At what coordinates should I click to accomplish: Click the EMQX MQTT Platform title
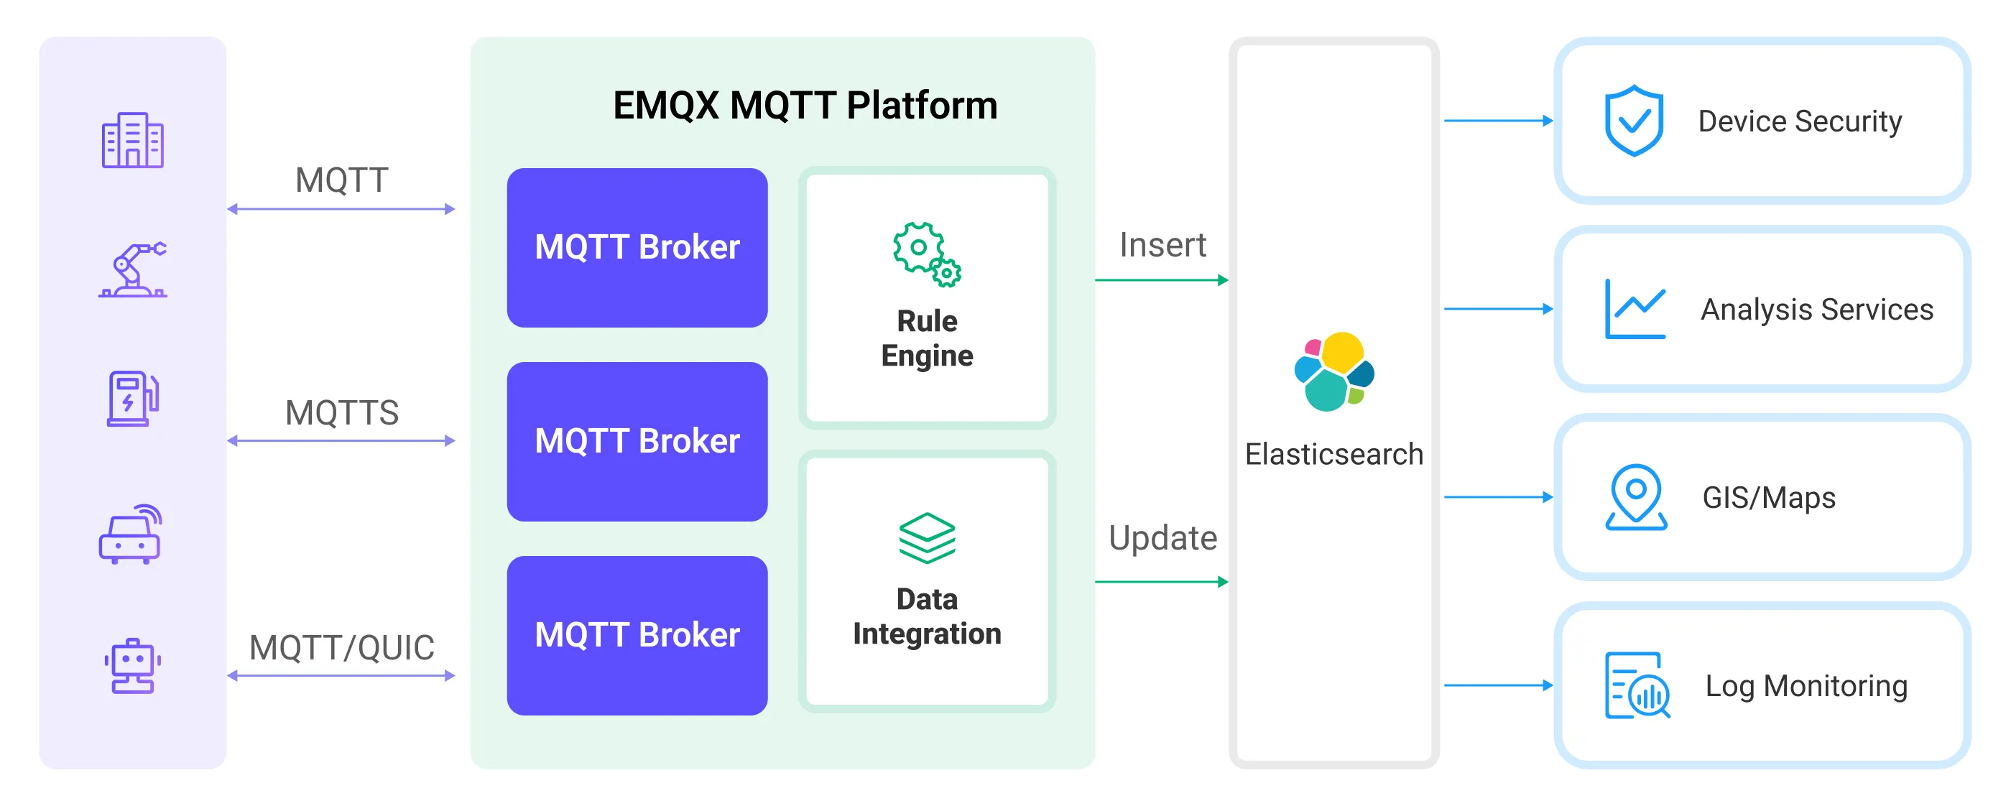[x=804, y=106]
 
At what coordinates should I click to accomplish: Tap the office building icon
[x=132, y=141]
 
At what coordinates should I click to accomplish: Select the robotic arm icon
[x=132, y=270]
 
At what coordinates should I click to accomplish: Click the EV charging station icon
[x=132, y=398]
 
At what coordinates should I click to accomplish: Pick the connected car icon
[x=130, y=534]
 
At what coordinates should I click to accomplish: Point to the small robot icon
[x=132, y=665]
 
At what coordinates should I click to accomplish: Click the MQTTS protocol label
[x=341, y=413]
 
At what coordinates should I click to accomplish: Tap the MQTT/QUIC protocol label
[x=341, y=648]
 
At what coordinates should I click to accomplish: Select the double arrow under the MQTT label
[x=341, y=209]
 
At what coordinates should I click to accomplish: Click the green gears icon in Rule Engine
[x=927, y=254]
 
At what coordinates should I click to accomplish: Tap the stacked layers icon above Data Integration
[x=927, y=538]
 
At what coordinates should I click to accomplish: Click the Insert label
[x=1162, y=245]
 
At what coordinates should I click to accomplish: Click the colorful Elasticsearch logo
[x=1333, y=371]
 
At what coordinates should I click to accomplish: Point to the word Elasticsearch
[x=1333, y=454]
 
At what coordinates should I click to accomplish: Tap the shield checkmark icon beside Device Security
[x=1633, y=121]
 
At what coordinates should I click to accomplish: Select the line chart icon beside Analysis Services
[x=1635, y=309]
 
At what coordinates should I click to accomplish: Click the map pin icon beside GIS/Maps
[x=1635, y=497]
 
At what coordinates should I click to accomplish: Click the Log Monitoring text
[x=1806, y=686]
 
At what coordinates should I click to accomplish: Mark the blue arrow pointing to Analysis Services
[x=1497, y=309]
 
